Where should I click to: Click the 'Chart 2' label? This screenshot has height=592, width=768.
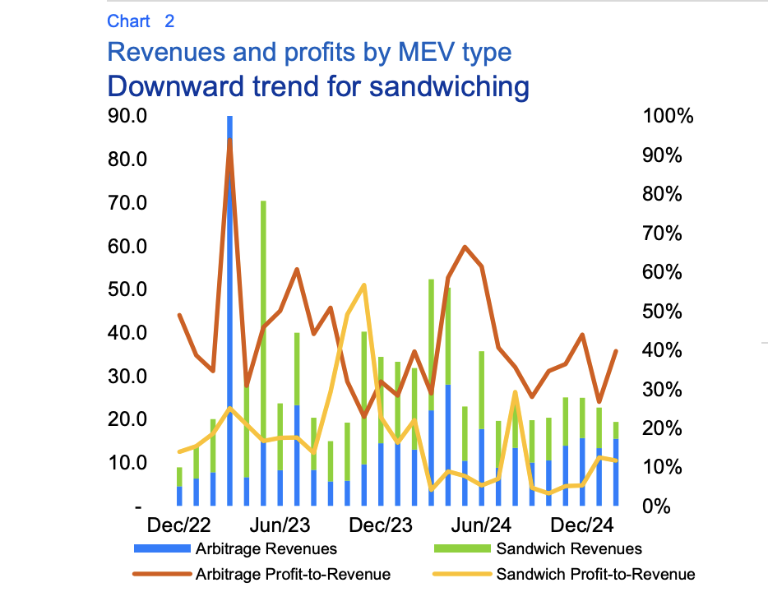click(x=141, y=21)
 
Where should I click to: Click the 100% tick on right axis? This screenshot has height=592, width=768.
click(x=667, y=116)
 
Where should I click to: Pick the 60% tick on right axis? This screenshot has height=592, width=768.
click(x=663, y=272)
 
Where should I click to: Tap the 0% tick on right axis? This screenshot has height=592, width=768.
click(x=659, y=506)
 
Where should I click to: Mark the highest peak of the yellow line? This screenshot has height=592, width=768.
click(x=363, y=285)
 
